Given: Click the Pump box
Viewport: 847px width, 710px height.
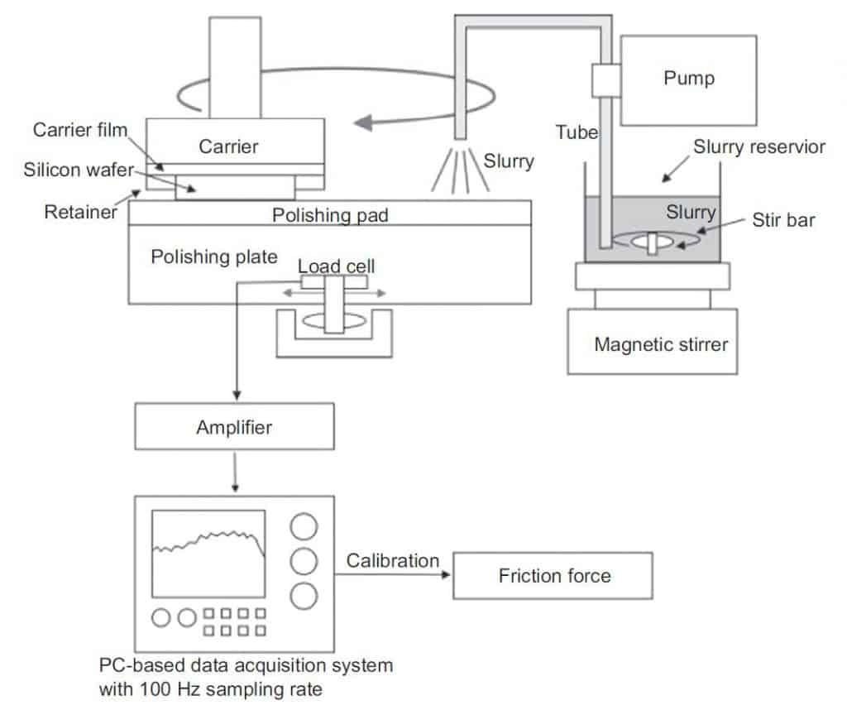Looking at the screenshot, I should tap(688, 79).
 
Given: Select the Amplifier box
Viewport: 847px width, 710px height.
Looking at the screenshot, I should tap(234, 429).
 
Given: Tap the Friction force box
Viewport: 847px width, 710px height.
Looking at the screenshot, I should tap(553, 576).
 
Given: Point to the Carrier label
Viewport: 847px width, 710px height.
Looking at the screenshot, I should tap(228, 146).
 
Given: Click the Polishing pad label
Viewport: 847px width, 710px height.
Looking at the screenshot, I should tap(330, 215).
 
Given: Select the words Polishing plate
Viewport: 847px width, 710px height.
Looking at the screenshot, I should tap(213, 257).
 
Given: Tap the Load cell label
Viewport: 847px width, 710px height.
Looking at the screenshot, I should tap(336, 266).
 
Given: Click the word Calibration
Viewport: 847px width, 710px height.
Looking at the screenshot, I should tap(393, 561).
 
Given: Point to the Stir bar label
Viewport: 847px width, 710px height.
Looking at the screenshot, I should tap(782, 221).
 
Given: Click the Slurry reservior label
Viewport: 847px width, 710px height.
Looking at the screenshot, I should tap(759, 146).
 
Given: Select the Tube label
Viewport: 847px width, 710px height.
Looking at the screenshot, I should tap(577, 132).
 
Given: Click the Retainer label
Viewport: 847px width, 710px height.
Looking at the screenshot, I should tap(80, 213).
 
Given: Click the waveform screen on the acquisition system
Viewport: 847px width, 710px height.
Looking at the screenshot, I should tap(208, 554).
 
